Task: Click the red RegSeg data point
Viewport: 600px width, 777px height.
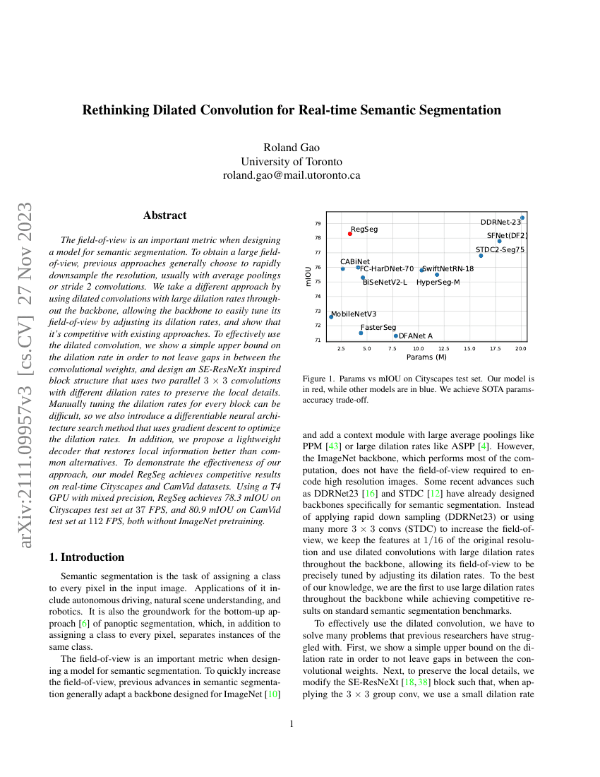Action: (x=349, y=234)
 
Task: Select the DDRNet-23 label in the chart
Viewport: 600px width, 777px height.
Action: (x=500, y=223)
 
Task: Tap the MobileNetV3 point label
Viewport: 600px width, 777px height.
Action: (x=354, y=314)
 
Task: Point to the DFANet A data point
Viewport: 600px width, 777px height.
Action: (x=396, y=336)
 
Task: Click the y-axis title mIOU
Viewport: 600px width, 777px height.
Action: (x=308, y=275)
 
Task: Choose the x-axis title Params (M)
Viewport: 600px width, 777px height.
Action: (x=427, y=357)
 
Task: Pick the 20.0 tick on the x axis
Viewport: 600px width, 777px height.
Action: (x=521, y=349)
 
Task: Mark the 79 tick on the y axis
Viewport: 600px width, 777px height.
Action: (x=318, y=223)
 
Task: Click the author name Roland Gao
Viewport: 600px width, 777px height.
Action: (x=292, y=148)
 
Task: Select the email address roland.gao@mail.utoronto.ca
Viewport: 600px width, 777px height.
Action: (x=292, y=175)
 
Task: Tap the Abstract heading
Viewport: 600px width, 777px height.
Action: (x=164, y=215)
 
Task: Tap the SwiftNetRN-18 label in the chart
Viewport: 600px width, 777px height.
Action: (x=448, y=268)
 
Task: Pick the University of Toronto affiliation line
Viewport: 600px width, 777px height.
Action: (x=292, y=162)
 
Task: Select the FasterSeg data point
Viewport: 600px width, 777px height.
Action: (x=361, y=333)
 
